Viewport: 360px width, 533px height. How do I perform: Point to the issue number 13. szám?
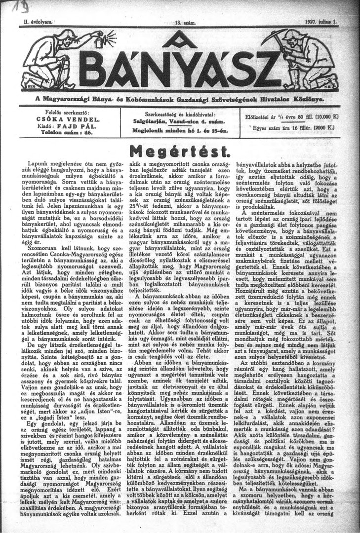point(180,22)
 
